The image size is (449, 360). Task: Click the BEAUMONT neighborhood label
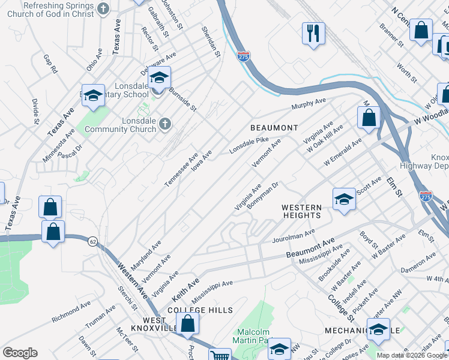point(274,128)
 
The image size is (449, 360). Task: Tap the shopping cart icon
point(220,355)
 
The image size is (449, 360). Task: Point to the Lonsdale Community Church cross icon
point(165,124)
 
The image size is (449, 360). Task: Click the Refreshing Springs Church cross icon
point(103,8)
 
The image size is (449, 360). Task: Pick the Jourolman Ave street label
point(293,235)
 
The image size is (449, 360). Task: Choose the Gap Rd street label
point(50,64)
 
